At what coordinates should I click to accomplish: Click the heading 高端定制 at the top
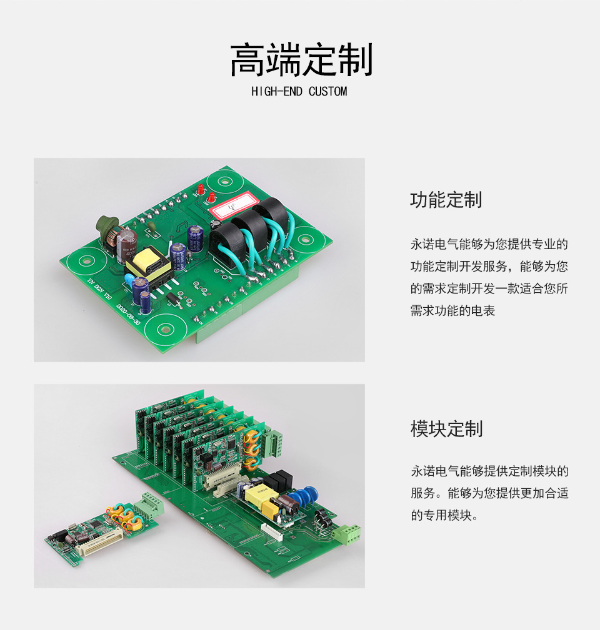coord(301,61)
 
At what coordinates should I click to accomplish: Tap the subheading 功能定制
coord(446,200)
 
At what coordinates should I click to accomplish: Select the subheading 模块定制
coord(446,429)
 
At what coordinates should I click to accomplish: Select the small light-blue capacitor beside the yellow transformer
coord(128,283)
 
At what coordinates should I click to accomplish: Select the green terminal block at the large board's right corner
coord(347,534)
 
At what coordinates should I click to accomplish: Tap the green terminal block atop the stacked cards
coord(273,441)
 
